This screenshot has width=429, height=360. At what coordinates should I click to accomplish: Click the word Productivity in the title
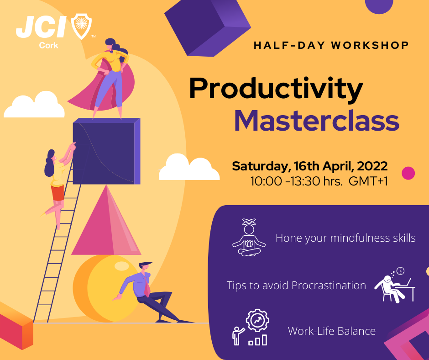[276, 89]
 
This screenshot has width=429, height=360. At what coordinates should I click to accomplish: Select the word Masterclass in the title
[316, 120]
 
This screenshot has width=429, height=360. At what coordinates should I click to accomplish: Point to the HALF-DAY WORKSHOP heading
[331, 45]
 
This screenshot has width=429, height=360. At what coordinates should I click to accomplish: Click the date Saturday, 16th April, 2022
[309, 165]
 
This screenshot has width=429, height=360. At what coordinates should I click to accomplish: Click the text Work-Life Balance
[331, 331]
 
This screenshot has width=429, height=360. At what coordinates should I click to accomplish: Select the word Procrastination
[329, 286]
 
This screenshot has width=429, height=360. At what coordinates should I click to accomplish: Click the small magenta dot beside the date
[408, 173]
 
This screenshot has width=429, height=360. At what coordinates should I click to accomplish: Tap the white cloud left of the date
[188, 168]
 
